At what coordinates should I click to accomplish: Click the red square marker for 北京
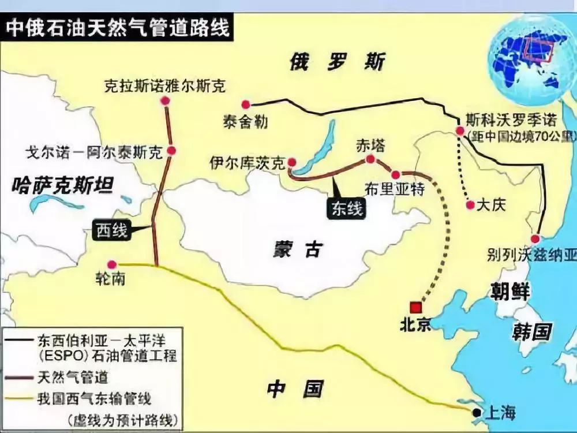pyautogui.click(x=415, y=307)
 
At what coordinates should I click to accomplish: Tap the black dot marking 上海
pyautogui.click(x=476, y=412)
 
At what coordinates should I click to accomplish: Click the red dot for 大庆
pyautogui.click(x=470, y=205)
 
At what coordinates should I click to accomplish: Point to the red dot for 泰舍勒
pyautogui.click(x=246, y=104)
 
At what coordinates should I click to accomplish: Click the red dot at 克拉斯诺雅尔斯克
pyautogui.click(x=166, y=101)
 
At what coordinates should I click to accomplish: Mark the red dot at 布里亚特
pyautogui.click(x=396, y=174)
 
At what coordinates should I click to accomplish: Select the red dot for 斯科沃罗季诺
pyautogui.click(x=460, y=132)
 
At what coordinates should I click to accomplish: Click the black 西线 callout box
pyautogui.click(x=110, y=230)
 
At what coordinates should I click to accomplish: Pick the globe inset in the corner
pyautogui.click(x=531, y=61)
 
